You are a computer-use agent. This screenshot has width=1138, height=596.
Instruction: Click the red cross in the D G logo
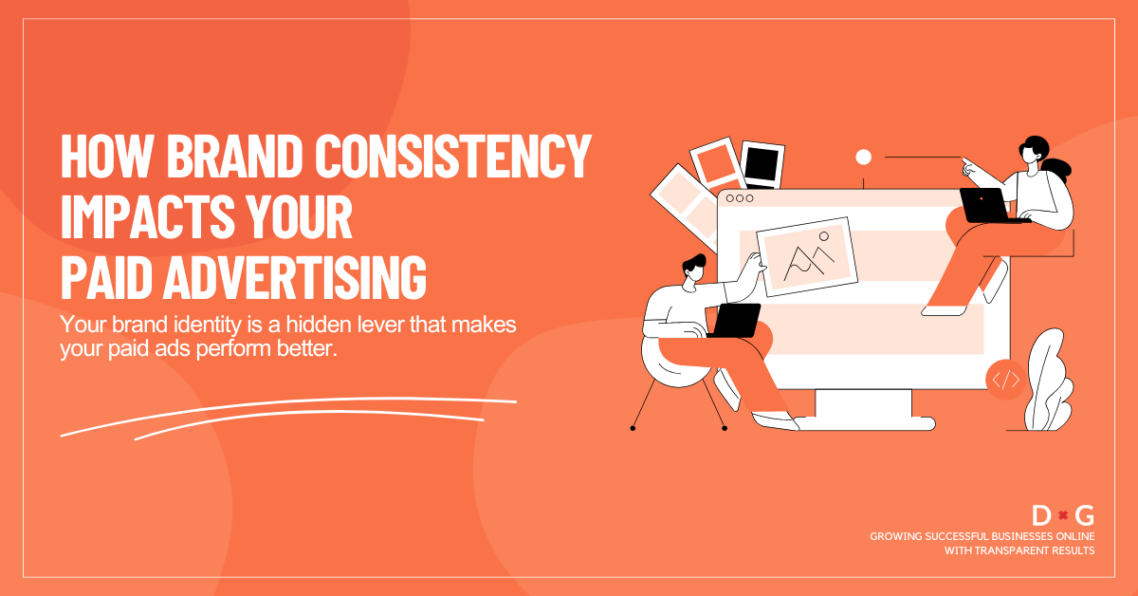click(1063, 516)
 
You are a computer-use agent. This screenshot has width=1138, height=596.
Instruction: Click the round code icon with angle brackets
click(1005, 380)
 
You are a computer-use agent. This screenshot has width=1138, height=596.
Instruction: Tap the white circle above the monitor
click(863, 158)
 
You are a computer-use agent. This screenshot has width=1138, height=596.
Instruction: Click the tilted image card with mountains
click(806, 255)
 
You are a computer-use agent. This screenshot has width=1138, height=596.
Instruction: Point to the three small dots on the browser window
click(739, 198)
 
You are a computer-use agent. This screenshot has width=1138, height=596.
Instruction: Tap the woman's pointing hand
click(966, 167)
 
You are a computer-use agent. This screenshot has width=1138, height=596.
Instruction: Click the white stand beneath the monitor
click(863, 408)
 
